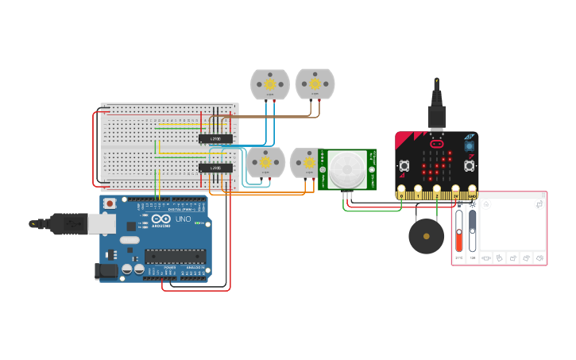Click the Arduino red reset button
coord(109,204)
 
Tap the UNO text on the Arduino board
coord(182,219)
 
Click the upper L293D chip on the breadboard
coord(215,138)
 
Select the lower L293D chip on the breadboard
coord(215,168)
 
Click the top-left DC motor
coord(270,84)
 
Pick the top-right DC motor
coord(315,83)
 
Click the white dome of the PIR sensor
coord(347,169)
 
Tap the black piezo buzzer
coord(427,237)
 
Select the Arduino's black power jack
coord(106,271)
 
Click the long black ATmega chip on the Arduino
coord(174,256)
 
